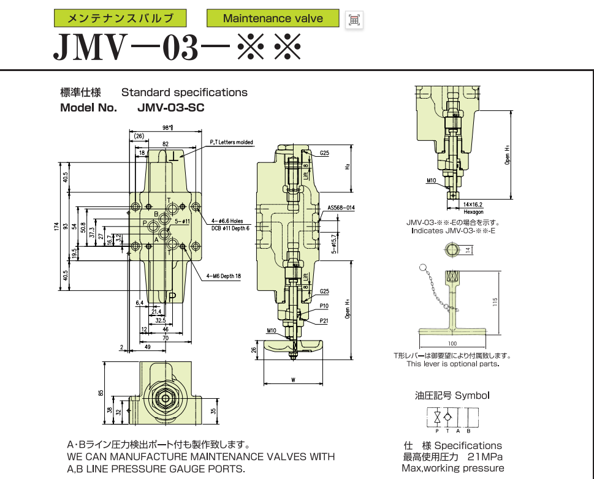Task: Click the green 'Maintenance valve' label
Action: tap(273, 18)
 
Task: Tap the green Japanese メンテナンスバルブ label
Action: tap(120, 18)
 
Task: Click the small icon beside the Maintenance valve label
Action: tap(354, 20)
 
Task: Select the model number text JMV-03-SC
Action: tap(171, 108)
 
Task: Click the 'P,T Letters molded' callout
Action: tap(231, 142)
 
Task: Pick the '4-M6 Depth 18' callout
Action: tap(224, 276)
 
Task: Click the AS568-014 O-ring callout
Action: tap(341, 208)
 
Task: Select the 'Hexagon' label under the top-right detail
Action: tap(473, 211)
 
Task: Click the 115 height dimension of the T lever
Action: tap(495, 301)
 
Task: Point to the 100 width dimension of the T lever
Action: tap(453, 344)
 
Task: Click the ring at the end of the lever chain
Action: tap(422, 267)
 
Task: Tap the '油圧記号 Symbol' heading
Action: tap(452, 396)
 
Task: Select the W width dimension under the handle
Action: tap(294, 380)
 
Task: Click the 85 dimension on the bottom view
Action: tap(101, 393)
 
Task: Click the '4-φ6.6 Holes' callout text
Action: tap(227, 221)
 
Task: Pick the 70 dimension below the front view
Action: tap(165, 338)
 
